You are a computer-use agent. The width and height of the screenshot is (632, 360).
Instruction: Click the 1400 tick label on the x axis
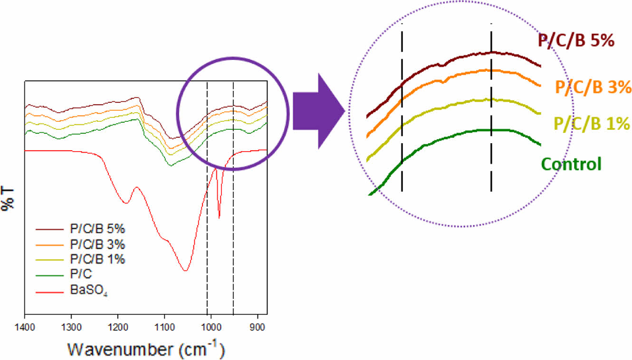pos(24,327)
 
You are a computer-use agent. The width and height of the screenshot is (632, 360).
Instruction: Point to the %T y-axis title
pos(9,199)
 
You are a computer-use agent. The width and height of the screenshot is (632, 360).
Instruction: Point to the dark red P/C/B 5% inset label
pos(576,41)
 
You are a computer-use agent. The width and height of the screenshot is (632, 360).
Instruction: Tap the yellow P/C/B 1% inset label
pos(592,125)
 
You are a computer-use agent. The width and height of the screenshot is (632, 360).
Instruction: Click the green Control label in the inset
pos(571,165)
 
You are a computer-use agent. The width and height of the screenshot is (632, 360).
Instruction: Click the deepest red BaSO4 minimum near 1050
pos(185,271)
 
